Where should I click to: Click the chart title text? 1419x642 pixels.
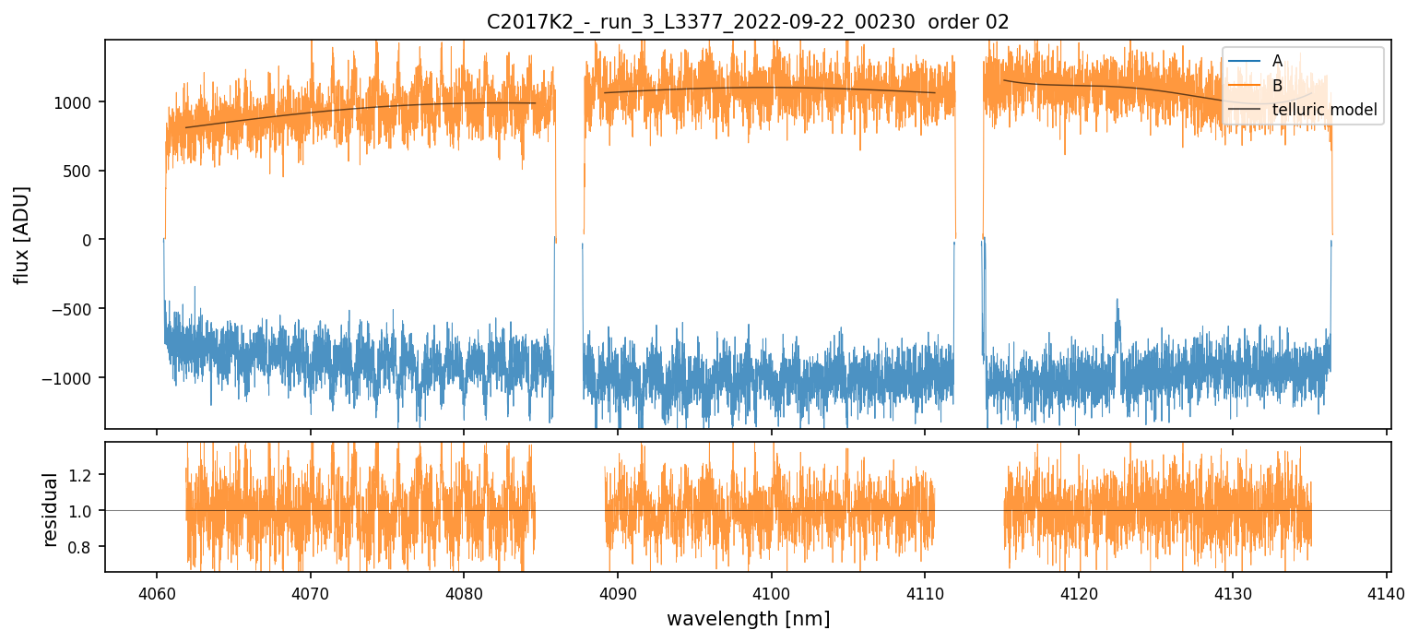click(x=748, y=21)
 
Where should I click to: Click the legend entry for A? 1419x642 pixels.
click(x=1277, y=61)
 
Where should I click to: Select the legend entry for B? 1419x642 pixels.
click(x=1277, y=86)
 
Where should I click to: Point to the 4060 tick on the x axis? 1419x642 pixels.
click(x=156, y=591)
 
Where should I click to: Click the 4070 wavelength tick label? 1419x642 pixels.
click(x=310, y=591)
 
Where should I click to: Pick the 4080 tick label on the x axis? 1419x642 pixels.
click(x=463, y=591)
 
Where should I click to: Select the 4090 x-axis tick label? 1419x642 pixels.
click(x=617, y=591)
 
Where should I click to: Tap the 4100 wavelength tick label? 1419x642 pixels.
click(x=771, y=591)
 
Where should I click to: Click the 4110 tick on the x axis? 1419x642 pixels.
click(x=925, y=591)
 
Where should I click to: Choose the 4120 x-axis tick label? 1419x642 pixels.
click(x=1079, y=591)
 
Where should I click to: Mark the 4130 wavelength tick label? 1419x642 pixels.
click(x=1233, y=591)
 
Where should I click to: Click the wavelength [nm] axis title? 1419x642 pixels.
click(x=748, y=618)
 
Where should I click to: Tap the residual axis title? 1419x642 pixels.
click(x=52, y=509)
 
